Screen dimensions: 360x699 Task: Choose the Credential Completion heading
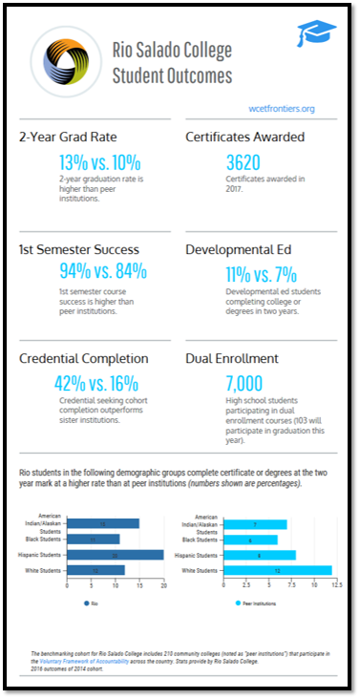click(x=84, y=358)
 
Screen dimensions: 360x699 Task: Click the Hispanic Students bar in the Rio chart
click(x=115, y=555)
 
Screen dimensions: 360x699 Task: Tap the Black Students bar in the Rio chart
click(x=94, y=539)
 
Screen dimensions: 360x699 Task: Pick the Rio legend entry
click(x=94, y=603)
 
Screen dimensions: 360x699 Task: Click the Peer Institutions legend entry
click(x=261, y=603)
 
